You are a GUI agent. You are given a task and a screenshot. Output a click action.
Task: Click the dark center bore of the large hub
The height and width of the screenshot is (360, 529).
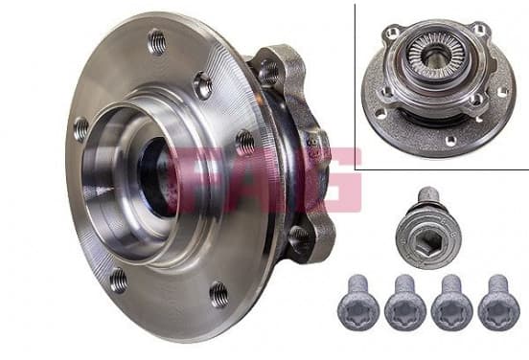pyautogui.click(x=156, y=177)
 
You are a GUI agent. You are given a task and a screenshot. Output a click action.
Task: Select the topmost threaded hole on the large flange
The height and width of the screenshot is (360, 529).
pyautogui.click(x=157, y=42)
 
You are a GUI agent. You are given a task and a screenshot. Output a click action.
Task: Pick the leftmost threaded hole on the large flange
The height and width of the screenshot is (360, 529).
pyautogui.click(x=80, y=128)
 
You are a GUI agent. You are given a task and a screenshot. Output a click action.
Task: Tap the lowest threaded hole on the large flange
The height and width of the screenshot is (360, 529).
pyautogui.click(x=218, y=295)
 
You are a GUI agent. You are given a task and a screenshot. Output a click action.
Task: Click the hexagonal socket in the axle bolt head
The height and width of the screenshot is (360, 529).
pyautogui.click(x=427, y=240)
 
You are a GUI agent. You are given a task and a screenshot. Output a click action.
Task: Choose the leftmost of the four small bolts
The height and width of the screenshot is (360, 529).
pyautogui.click(x=358, y=303)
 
